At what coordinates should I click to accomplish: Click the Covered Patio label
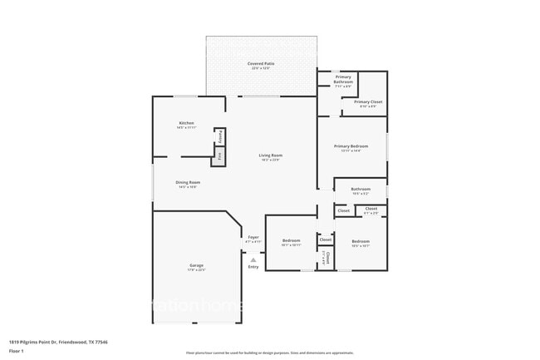click(261, 63)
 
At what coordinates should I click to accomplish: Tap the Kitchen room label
click(186, 123)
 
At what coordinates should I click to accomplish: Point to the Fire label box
click(218, 155)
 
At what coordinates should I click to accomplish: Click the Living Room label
click(270, 155)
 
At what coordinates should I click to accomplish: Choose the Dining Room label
click(188, 182)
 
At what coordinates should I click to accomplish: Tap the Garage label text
click(196, 265)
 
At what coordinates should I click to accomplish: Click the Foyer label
click(253, 238)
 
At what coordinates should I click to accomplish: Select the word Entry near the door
click(253, 267)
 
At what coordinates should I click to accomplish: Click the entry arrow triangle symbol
click(253, 259)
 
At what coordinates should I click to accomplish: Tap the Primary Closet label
click(368, 101)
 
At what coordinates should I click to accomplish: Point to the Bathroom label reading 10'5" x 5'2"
click(360, 189)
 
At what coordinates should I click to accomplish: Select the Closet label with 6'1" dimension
click(371, 209)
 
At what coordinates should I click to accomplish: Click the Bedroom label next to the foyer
click(290, 241)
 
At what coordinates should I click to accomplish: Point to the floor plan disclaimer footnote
click(269, 353)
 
